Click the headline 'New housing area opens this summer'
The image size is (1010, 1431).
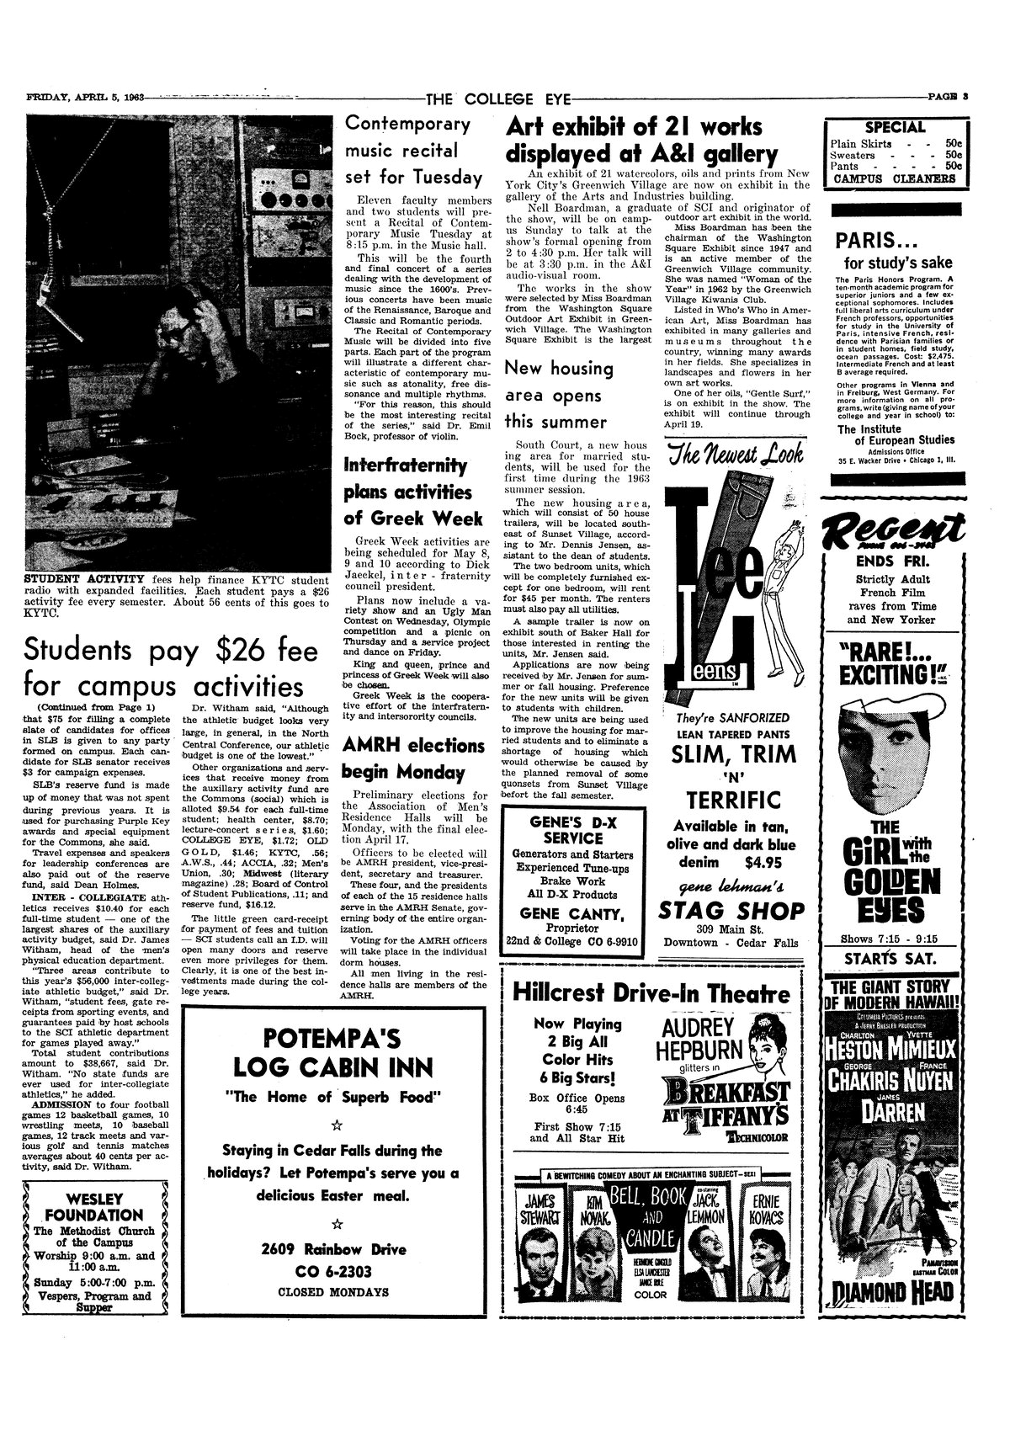pos(558,394)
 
